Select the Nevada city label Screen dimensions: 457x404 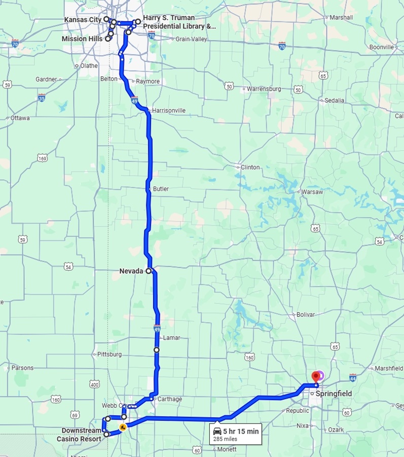(131, 271)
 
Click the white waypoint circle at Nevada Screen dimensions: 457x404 (149, 271)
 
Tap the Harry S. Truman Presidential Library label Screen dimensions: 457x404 (178, 22)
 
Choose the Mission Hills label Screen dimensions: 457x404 (82, 39)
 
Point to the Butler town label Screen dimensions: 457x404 (161, 189)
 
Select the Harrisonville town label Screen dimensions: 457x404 (169, 110)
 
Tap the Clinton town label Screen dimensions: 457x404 (250, 167)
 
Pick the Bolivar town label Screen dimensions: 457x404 (306, 315)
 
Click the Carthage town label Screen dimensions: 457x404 (169, 399)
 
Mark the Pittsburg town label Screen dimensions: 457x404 (108, 354)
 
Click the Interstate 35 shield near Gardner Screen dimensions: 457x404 (42, 96)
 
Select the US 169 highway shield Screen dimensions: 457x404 (42, 159)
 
